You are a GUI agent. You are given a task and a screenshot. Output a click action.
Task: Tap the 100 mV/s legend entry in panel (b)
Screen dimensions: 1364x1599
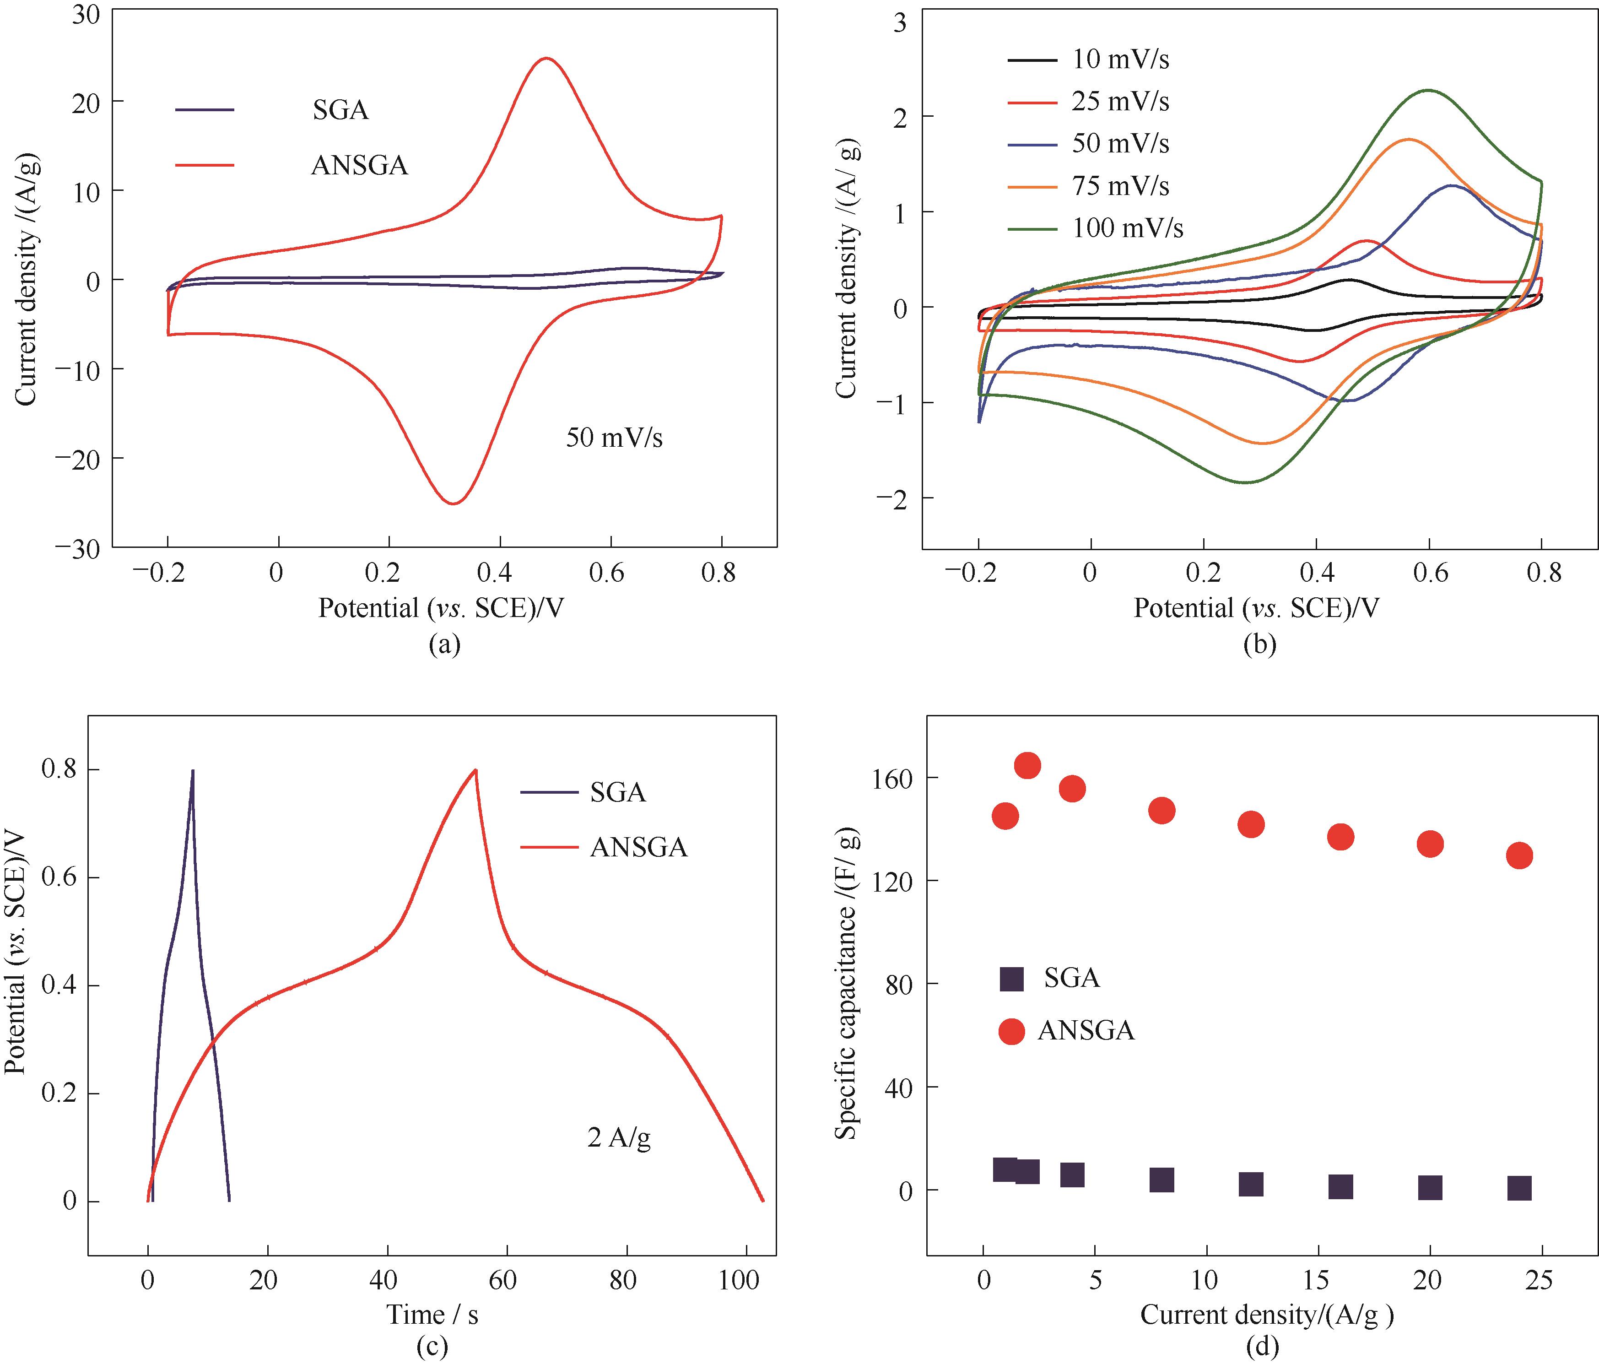1127,228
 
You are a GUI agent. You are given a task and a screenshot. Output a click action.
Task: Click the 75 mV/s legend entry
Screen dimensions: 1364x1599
1120,186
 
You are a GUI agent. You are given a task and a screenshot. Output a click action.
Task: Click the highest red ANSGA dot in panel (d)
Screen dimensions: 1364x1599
1027,765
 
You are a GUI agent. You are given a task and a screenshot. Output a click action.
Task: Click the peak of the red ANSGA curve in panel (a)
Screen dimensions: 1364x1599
546,58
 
